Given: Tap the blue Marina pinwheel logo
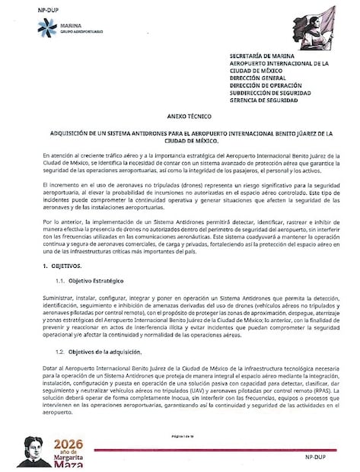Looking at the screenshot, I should click(x=47, y=30).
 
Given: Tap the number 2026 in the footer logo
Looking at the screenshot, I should click(x=70, y=444).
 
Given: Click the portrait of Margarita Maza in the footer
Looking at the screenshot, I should click(x=35, y=451).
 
